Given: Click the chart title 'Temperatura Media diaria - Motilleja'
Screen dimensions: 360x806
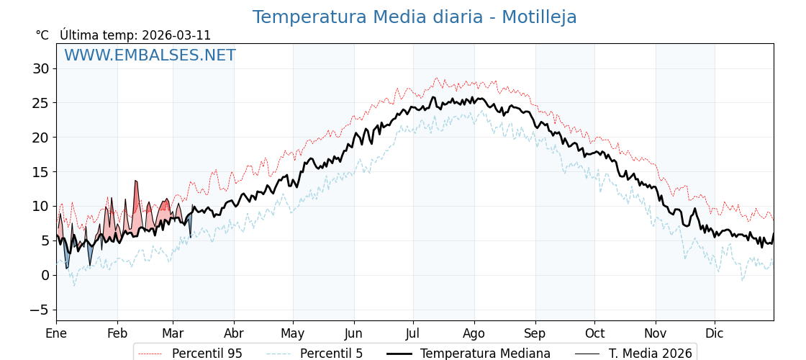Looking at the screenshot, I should click(x=414, y=17).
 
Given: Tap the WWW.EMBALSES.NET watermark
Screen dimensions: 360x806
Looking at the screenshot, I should click(x=150, y=55).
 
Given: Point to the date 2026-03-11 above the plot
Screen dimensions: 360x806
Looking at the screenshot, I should click(x=176, y=35).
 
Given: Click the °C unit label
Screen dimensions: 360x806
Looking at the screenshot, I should click(x=42, y=35).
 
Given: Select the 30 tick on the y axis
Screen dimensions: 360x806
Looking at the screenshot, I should click(x=40, y=69).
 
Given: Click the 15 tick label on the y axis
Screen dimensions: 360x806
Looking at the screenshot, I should click(x=40, y=172).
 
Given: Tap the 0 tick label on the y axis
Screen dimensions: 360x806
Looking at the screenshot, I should click(x=45, y=275).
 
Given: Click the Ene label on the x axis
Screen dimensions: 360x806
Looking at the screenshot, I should click(x=56, y=334).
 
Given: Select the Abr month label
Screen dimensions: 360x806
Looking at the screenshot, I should click(x=234, y=334).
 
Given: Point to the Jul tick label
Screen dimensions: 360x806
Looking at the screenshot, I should click(x=413, y=334).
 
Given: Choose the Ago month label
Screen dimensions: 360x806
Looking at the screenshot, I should click(x=474, y=334).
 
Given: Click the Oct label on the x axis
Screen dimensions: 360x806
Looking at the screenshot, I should click(x=594, y=334).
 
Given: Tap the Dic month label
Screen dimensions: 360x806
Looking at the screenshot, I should click(x=715, y=334).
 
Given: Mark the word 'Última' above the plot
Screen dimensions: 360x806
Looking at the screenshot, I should click(x=76, y=35).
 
